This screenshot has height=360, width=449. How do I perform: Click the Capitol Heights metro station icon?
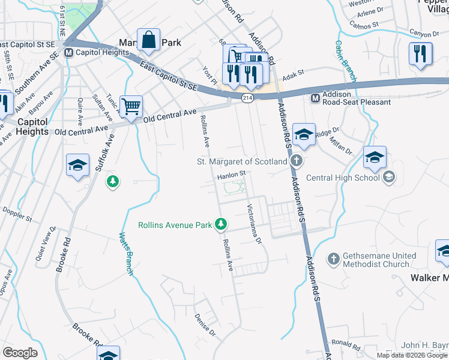69,52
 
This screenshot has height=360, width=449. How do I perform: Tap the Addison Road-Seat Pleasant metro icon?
315,98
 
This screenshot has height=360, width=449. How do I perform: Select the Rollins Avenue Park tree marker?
221,225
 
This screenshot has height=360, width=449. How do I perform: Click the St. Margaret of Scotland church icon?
295,161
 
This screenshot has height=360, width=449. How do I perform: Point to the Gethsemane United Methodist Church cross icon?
334,259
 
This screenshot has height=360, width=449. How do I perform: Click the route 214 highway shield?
247,97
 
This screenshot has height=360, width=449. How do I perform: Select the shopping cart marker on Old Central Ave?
131,107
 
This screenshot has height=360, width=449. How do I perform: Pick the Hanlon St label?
232,175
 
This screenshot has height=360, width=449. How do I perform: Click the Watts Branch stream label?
125,254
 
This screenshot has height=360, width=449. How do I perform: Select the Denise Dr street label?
205,325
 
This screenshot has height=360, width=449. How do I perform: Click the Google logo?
20,353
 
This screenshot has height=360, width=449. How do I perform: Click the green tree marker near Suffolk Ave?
112,181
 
